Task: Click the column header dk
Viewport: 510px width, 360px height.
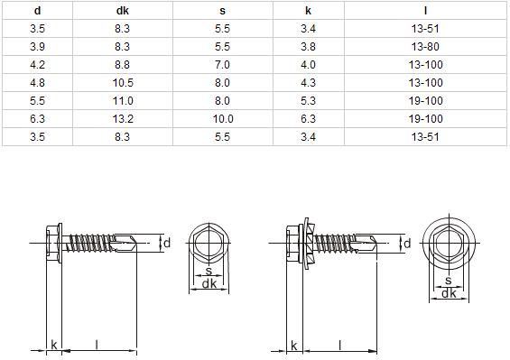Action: (x=122, y=11)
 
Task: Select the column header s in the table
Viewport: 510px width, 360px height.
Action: (x=222, y=11)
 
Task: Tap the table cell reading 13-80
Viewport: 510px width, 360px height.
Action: (x=425, y=47)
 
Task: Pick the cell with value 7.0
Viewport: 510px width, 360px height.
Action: (x=222, y=65)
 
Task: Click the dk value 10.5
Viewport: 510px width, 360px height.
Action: (x=123, y=83)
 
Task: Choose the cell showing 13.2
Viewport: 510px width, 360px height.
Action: (x=123, y=119)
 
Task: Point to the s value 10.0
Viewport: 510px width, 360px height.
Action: (x=223, y=119)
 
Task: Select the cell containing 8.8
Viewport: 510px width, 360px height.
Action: (x=122, y=65)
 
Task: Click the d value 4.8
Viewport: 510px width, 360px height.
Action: (x=37, y=83)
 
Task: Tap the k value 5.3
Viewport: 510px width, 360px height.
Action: (x=308, y=101)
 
